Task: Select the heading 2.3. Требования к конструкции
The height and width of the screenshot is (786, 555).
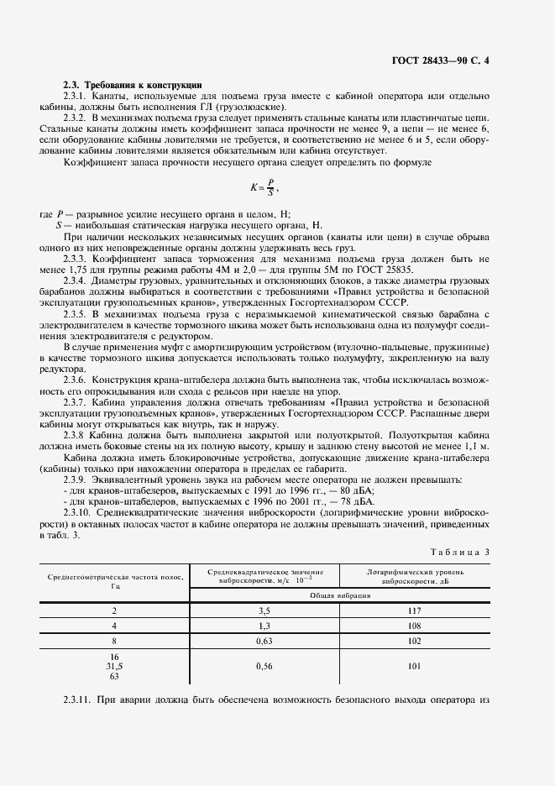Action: point(133,86)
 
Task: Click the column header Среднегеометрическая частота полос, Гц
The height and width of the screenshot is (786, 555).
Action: point(115,582)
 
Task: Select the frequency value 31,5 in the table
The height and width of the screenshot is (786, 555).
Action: point(114,665)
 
